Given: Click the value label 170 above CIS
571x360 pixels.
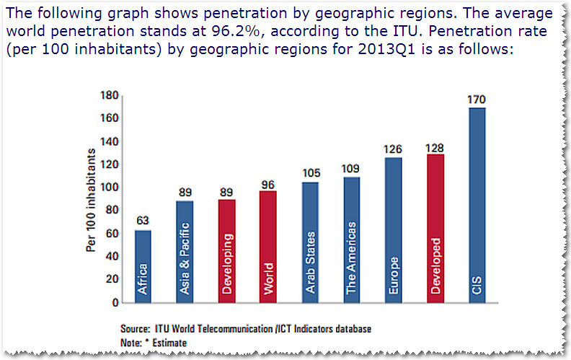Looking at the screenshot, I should pos(477,100).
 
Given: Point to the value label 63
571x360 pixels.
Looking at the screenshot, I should pos(143,221).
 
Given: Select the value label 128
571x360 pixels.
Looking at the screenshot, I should pos(435,146).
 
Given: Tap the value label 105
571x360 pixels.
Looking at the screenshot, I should pos(310,173).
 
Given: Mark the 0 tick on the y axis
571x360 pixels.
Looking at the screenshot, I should pos(113,302).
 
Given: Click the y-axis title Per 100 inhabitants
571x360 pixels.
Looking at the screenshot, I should pos(92,198).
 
